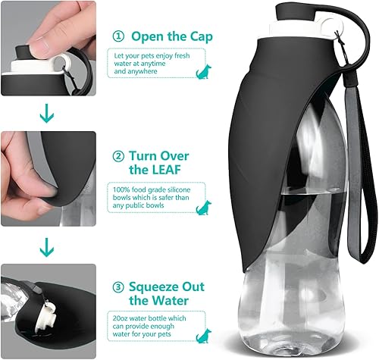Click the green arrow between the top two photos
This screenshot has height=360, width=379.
(x=48, y=115)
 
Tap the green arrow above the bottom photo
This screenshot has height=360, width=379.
(x=48, y=246)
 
